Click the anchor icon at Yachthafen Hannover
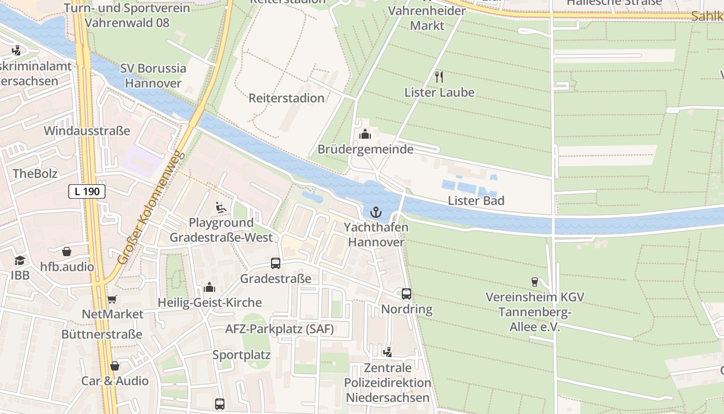(376, 212)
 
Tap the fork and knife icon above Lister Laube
(439, 77)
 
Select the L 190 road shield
(87, 191)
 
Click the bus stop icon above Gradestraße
(276, 263)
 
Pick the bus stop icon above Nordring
(406, 294)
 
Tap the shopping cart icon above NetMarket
(112, 299)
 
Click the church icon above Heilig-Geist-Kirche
(209, 287)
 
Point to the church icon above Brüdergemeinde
(365, 134)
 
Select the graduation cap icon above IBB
(20, 260)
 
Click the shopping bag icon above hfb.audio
(67, 252)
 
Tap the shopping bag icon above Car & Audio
(115, 366)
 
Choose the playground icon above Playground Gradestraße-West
(221, 208)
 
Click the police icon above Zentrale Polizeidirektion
(387, 352)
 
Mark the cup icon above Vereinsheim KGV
(535, 282)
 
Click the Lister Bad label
(476, 201)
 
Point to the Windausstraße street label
(87, 130)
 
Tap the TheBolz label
(35, 173)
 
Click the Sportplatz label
(242, 355)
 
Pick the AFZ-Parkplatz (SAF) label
(279, 329)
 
